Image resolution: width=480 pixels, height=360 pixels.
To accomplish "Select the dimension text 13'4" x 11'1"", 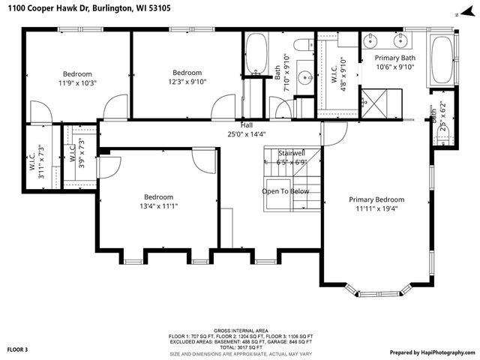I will (158, 205).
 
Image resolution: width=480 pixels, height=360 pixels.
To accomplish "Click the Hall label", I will (246, 124).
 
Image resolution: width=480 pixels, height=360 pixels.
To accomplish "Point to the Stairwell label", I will (292, 152).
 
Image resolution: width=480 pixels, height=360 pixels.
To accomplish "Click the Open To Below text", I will (286, 191).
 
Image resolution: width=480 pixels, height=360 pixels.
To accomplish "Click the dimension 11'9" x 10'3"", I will (77, 82).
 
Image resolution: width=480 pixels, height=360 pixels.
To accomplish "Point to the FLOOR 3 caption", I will (18, 349).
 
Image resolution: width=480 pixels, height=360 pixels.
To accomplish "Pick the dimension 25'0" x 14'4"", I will (246, 134).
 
